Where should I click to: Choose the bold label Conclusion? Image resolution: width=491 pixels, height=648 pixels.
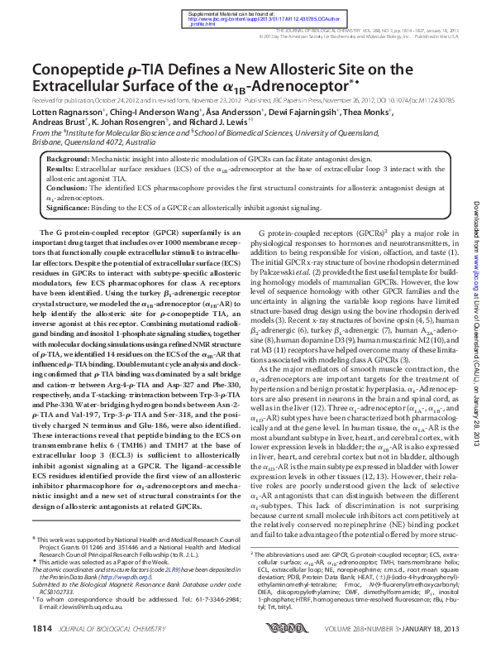(66, 188)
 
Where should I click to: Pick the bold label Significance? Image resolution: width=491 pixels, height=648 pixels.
(69, 208)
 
